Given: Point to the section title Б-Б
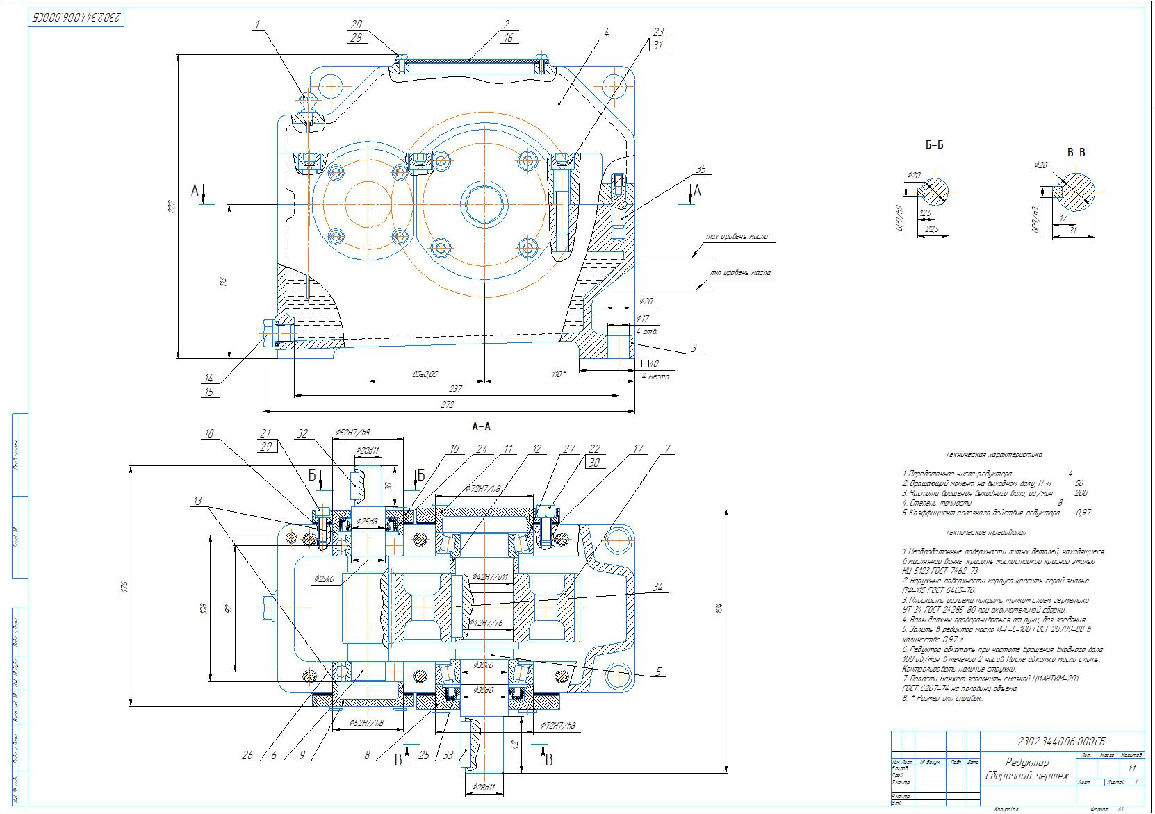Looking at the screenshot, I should pyautogui.click(x=934, y=145).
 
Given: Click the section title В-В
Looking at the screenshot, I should pyautogui.click(x=1076, y=152).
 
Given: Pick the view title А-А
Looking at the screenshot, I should pyautogui.click(x=481, y=426).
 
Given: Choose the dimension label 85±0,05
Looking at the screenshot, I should pyautogui.click(x=425, y=374).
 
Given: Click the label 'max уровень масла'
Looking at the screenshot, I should pyautogui.click(x=737, y=237).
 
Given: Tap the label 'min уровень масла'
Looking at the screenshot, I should pyautogui.click(x=740, y=273).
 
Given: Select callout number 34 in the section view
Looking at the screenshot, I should pyautogui.click(x=657, y=588).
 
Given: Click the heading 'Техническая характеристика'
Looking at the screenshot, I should pyautogui.click(x=994, y=454).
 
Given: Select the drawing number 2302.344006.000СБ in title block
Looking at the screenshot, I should pyautogui.click(x=1061, y=740).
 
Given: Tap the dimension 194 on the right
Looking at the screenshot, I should pyautogui.click(x=721, y=608).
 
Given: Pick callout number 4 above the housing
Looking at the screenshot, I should pyautogui.click(x=607, y=32).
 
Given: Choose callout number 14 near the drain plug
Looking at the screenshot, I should pyautogui.click(x=208, y=379).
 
